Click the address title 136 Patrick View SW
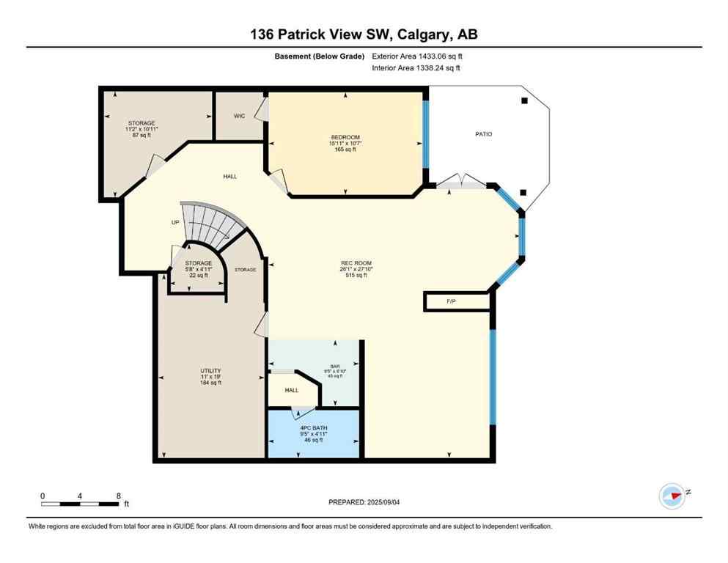[x=364, y=34]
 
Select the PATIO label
[x=483, y=134]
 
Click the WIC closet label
[x=239, y=116]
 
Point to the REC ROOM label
[x=356, y=264]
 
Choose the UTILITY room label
[x=211, y=371]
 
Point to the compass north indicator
[x=672, y=496]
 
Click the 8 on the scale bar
[x=118, y=496]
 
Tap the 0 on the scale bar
[x=43, y=496]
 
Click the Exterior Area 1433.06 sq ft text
[x=417, y=56]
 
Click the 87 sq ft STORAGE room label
[x=141, y=123]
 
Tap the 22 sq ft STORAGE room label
[x=199, y=263]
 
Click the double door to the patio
[x=462, y=183]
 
